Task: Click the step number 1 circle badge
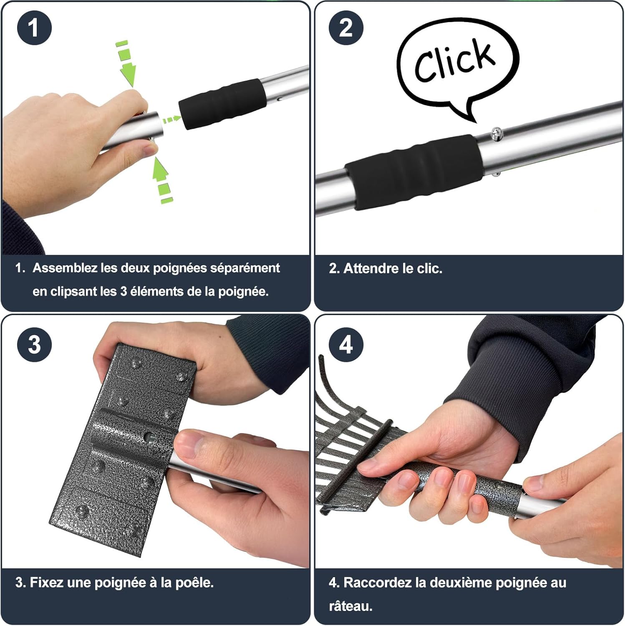[34, 28]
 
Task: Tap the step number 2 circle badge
[346, 28]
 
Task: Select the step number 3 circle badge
[34, 345]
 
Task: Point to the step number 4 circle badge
[346, 345]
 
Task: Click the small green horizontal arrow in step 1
[171, 120]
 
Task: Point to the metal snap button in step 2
[496, 133]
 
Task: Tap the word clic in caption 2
[429, 268]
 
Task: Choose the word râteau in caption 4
[350, 606]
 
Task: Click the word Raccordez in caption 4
[378, 583]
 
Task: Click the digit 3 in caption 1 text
[123, 291]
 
